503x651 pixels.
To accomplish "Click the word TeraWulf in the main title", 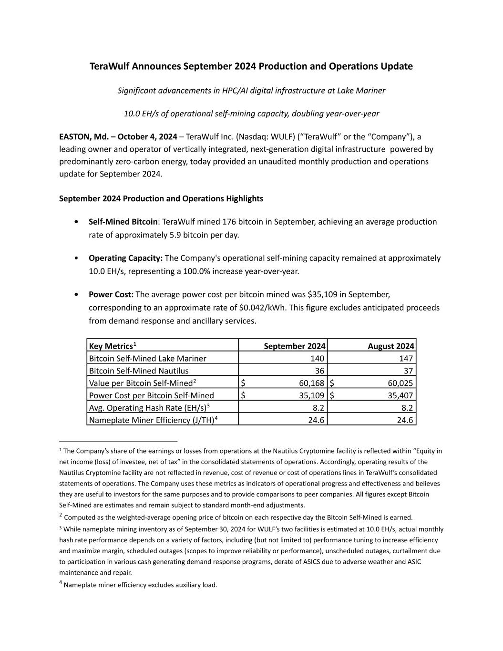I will [109, 66].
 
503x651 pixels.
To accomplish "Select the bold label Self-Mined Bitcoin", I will [123, 222].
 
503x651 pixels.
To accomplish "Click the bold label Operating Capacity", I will [125, 258].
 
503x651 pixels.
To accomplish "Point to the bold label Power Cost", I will [111, 294].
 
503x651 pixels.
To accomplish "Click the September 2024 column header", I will [295, 346].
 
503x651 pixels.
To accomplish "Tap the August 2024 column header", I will [391, 346].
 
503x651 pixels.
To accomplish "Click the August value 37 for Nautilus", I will [408, 371].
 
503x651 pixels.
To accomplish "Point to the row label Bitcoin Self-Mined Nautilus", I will [139, 371].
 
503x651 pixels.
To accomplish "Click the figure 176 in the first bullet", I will [229, 222].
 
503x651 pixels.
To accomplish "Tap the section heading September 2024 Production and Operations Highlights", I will [161, 198].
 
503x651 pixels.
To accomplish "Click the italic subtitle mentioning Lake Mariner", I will [251, 91].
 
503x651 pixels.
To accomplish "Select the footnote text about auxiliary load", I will [140, 585].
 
